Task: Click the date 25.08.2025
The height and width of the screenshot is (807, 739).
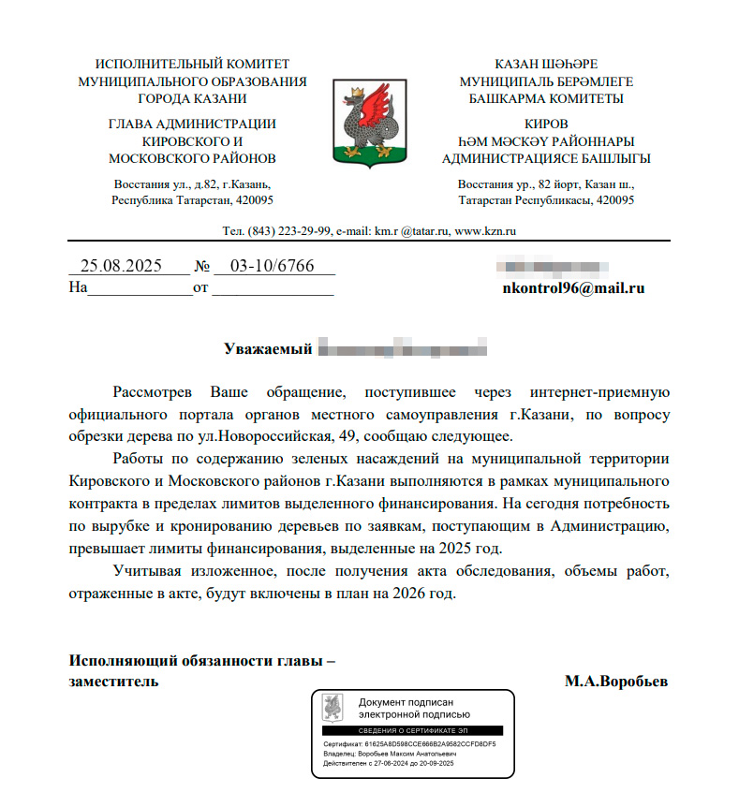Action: click(122, 266)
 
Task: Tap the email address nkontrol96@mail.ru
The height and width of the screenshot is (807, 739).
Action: click(574, 288)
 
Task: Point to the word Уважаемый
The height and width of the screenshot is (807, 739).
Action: click(267, 350)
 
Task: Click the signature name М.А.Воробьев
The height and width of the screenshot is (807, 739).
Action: click(615, 682)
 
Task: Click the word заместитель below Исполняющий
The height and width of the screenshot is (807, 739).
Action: click(113, 682)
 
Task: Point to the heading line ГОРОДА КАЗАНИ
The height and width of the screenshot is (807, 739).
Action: click(192, 97)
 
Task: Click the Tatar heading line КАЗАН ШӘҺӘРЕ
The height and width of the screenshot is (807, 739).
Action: click(546, 65)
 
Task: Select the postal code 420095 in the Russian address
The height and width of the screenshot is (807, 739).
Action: click(252, 200)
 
